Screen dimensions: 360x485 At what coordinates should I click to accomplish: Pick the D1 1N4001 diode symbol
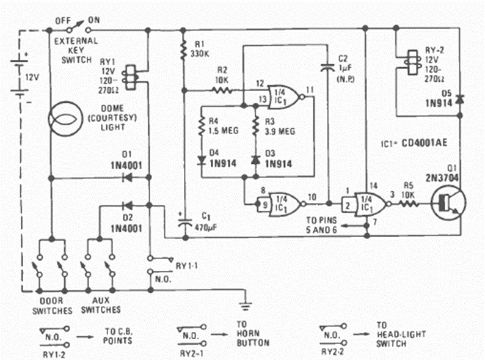click(x=128, y=178)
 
